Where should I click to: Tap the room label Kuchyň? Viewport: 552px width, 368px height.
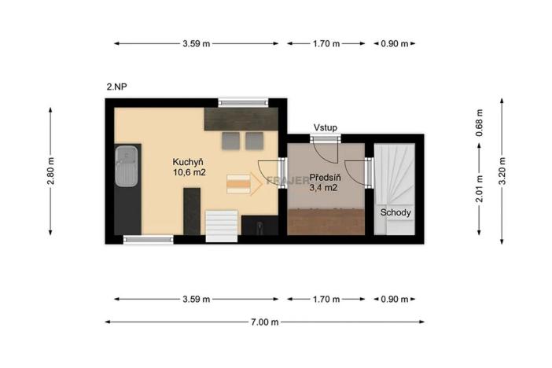pyautogui.click(x=189, y=161)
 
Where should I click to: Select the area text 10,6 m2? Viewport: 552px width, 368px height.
pyautogui.click(x=189, y=172)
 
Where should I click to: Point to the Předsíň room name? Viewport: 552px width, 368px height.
pyautogui.click(x=324, y=177)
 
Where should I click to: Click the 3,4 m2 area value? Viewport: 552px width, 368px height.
pyautogui.click(x=324, y=188)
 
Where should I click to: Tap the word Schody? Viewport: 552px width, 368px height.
pyautogui.click(x=396, y=212)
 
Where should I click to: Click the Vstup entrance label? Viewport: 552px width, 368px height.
pyautogui.click(x=325, y=127)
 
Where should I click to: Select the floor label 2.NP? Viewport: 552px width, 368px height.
pyautogui.click(x=116, y=86)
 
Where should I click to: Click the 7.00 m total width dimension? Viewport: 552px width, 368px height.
pyautogui.click(x=265, y=321)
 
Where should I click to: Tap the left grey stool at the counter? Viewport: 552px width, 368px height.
pyautogui.click(x=230, y=141)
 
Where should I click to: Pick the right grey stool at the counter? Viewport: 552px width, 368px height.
pyautogui.click(x=254, y=141)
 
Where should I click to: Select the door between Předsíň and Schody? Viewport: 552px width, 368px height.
pyautogui.click(x=367, y=171)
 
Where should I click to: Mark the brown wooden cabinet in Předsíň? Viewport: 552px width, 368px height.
pyautogui.click(x=325, y=223)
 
